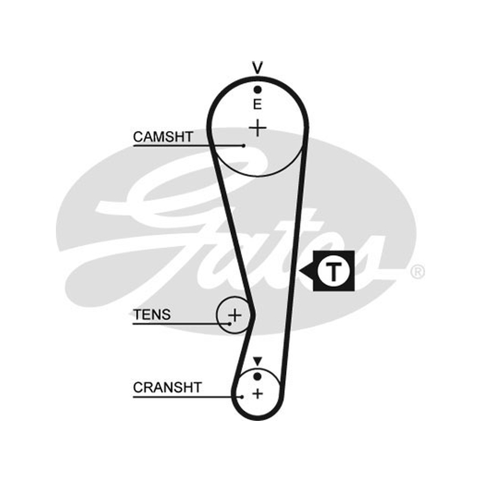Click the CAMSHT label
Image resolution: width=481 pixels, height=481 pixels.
[x=163, y=137]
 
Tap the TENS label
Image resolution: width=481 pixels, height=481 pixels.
[x=152, y=314]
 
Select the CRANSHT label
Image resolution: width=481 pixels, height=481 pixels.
[x=167, y=388]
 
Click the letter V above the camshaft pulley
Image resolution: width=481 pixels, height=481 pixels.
[x=257, y=68]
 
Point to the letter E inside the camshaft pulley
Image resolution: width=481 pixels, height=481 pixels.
[x=257, y=105]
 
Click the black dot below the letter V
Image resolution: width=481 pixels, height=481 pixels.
[x=257, y=90]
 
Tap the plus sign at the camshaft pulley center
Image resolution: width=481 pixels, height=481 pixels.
[x=257, y=128]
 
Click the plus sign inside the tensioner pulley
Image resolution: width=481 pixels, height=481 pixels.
[x=235, y=315]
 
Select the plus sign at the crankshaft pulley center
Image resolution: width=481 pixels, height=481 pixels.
[x=258, y=394]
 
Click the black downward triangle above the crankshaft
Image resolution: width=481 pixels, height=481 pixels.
[x=257, y=361]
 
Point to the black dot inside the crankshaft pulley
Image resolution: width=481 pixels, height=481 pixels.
[x=257, y=376]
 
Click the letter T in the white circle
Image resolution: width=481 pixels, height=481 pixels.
[x=333, y=272]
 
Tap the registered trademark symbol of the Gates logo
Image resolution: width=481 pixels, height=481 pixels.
[x=417, y=272]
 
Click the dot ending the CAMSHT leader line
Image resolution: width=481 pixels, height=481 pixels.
[x=244, y=146]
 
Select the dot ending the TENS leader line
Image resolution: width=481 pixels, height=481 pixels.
[x=230, y=323]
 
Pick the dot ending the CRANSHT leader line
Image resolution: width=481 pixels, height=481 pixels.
[x=242, y=397]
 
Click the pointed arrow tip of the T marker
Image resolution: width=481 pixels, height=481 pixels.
[x=299, y=271]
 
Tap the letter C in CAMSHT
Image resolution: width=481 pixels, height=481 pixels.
[x=138, y=137]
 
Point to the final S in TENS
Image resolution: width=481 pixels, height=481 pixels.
[x=166, y=314]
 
